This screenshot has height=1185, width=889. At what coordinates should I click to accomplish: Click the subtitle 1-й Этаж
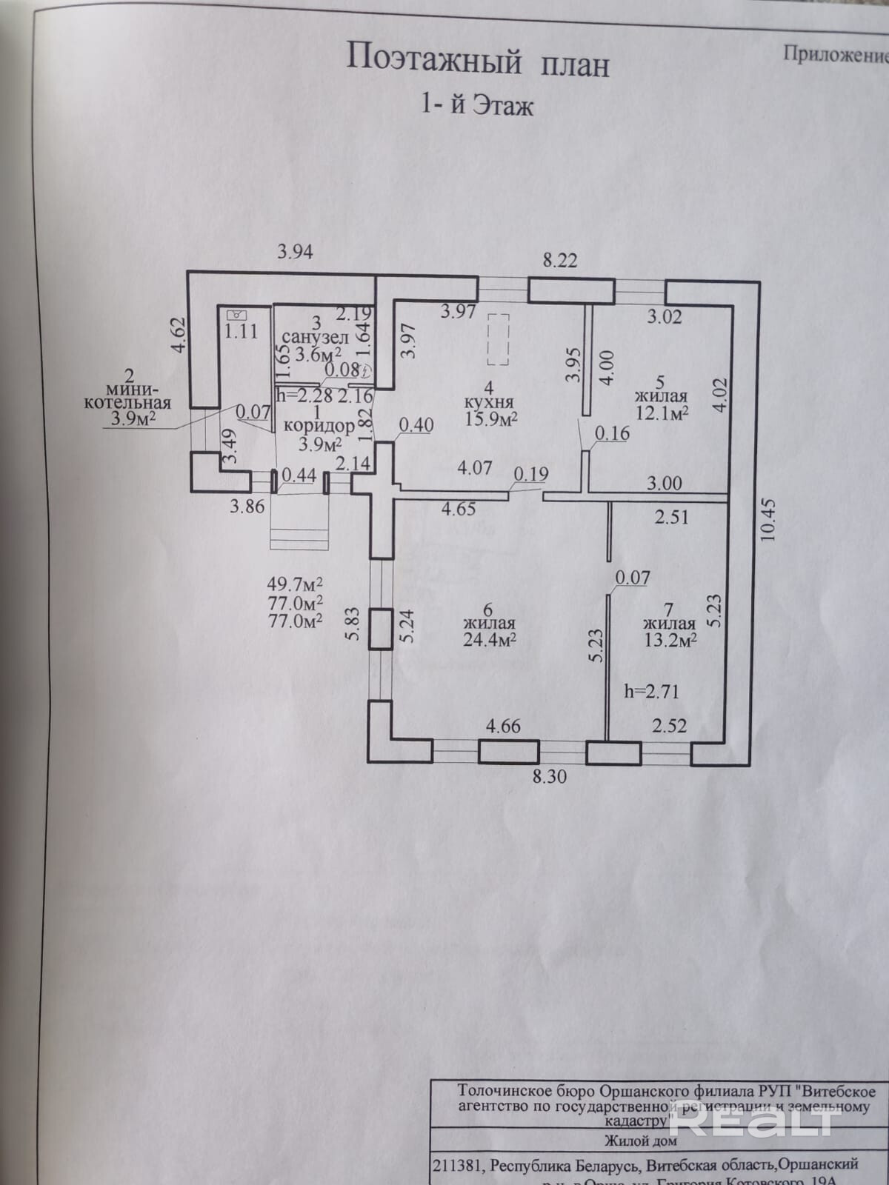pos(477,106)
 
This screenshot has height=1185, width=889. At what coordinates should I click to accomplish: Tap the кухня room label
pos(487,403)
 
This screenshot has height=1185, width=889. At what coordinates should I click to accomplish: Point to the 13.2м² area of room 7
pos(668,639)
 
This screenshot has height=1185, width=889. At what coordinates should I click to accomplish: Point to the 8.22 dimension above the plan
pos(560,260)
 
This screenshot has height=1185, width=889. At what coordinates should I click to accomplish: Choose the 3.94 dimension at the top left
pos(295,252)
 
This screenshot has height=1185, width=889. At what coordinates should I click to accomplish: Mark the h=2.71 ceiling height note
pos(652,692)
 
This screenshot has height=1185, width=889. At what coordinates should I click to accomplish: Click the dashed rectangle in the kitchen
pos(499,339)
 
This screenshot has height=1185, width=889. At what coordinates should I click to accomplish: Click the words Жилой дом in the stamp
pos(644,1139)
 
